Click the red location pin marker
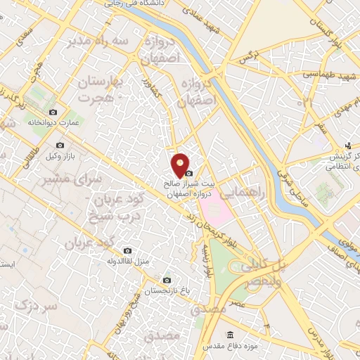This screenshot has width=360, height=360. point(181,165)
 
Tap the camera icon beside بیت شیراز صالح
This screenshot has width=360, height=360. point(188,173)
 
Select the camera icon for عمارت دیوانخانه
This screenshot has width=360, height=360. point(53,112)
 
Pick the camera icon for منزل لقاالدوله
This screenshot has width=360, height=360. point(127,250)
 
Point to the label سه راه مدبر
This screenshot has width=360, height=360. point(98,41)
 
